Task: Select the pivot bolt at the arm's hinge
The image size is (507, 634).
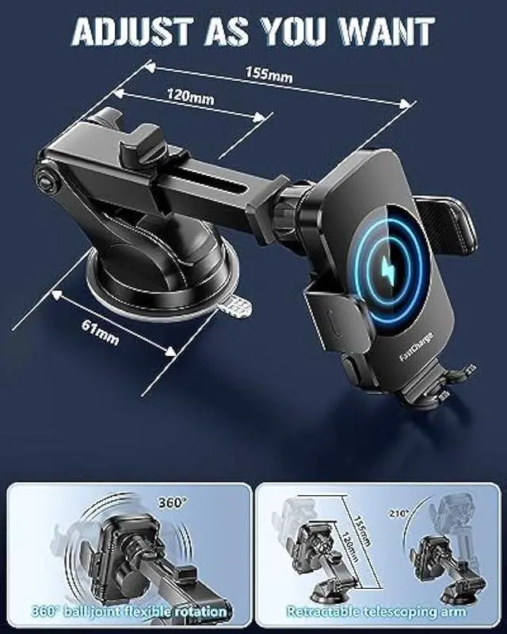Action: point(46,181)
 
